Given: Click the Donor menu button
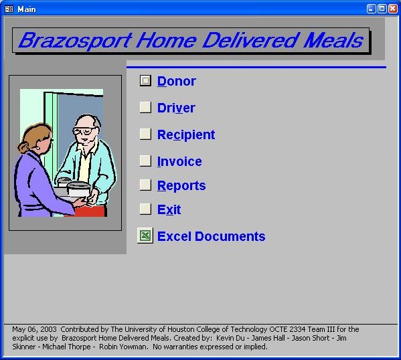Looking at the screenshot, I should coord(145,81).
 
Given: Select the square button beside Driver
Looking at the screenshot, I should coord(145,108).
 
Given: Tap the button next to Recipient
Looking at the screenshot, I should coord(145,134).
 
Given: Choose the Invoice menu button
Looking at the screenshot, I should coord(145,161).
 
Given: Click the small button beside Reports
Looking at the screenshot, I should coord(145,185).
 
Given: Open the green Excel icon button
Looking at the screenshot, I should coord(145,236).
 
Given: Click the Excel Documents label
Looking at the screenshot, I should coord(211,236).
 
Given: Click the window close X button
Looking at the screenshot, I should coord(392,9).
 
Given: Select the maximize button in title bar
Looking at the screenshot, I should coord(382,9).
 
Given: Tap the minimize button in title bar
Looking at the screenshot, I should coord(371,9).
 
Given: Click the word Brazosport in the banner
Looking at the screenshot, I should coord(74,41).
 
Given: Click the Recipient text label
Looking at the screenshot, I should coord(186,134).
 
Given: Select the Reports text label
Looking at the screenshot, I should coord(181,185).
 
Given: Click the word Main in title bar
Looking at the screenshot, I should coord(27,9).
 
